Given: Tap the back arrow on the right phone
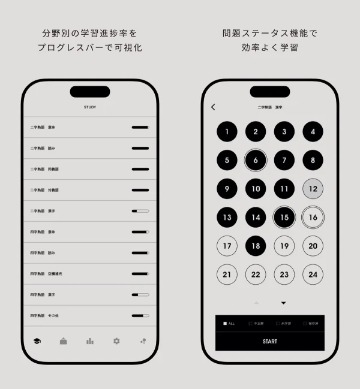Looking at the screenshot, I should pyautogui.click(x=213, y=107).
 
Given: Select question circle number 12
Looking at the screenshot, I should pyautogui.click(x=313, y=189).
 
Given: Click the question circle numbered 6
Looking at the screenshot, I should pyautogui.click(x=256, y=160).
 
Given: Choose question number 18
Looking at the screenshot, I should pyautogui.click(x=256, y=246).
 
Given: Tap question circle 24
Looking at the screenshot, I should pyautogui.click(x=313, y=275).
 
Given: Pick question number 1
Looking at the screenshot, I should pyautogui.click(x=227, y=131).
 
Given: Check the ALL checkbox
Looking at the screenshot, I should pyautogui.click(x=225, y=324).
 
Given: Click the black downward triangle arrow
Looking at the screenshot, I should pyautogui.click(x=283, y=303).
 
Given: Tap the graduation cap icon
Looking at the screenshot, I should pyautogui.click(x=37, y=341).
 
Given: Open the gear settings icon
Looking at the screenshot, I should pyautogui.click(x=116, y=341).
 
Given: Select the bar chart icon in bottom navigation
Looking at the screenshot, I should pyautogui.click(x=90, y=341).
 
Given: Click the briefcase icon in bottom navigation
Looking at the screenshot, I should pyautogui.click(x=64, y=341).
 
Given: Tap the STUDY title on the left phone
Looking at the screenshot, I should pyautogui.click(x=90, y=107).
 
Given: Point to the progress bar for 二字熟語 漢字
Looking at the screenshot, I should pyautogui.click(x=140, y=211).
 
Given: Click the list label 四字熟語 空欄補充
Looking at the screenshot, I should pyautogui.click(x=47, y=274).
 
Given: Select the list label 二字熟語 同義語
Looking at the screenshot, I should pyautogui.click(x=44, y=169).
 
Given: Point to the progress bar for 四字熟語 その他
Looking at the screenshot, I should pyautogui.click(x=140, y=316).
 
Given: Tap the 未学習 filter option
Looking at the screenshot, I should pyautogui.click(x=283, y=324).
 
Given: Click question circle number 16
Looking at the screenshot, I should pyautogui.click(x=313, y=217).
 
